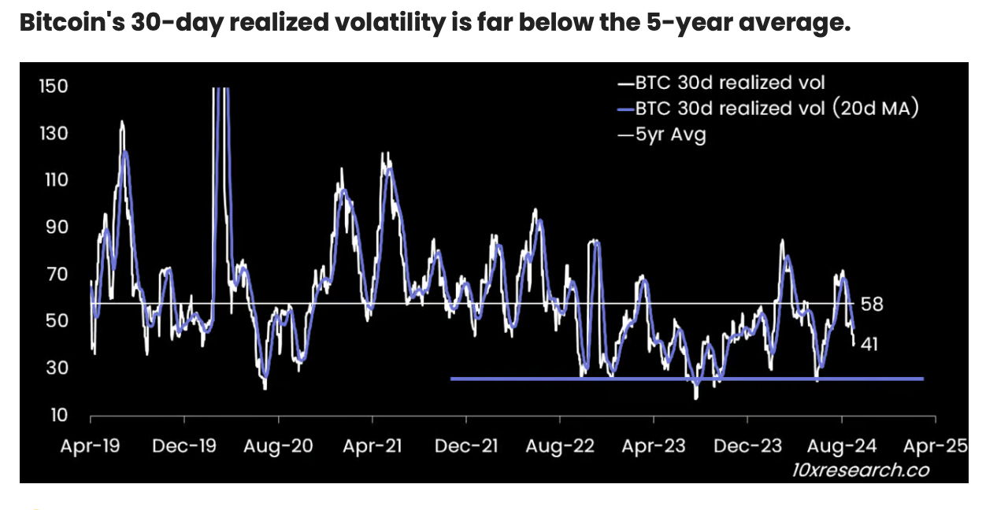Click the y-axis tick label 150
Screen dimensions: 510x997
tap(54, 86)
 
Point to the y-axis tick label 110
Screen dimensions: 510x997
tap(54, 179)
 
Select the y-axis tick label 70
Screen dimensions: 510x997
tap(54, 274)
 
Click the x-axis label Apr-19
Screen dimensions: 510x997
tap(91, 446)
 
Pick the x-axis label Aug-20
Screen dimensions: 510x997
tap(277, 446)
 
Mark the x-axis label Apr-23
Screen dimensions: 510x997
tap(654, 446)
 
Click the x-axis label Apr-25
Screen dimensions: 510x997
tap(936, 446)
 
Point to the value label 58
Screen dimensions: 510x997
tap(873, 305)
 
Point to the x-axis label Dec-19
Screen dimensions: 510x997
tap(183, 446)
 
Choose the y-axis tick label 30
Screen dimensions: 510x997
tap(54, 368)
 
